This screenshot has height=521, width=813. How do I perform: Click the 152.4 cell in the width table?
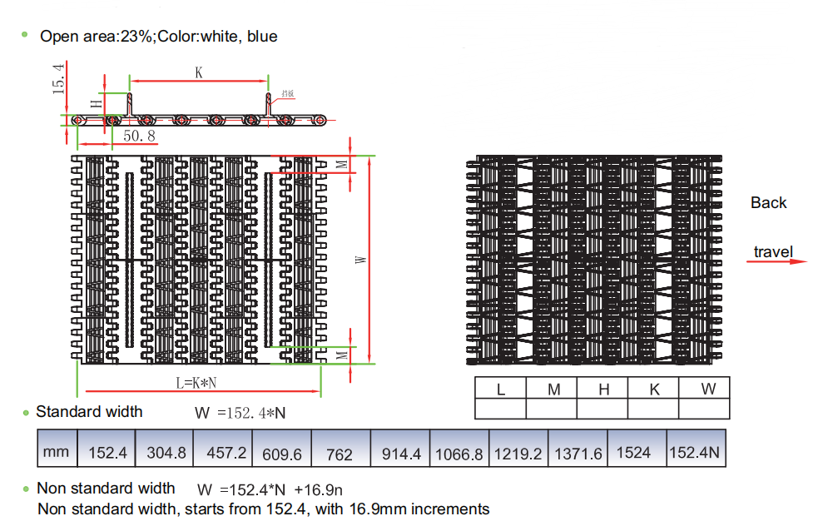tap(107, 454)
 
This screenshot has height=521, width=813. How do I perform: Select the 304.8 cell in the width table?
tap(166, 454)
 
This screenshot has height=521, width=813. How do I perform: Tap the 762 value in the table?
tap(340, 454)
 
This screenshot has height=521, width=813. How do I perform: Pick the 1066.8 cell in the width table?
tap(459, 454)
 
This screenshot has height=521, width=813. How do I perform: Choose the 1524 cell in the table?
tap(634, 453)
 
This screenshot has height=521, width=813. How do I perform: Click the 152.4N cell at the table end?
tap(695, 454)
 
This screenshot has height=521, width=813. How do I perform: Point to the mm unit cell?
tap(57, 453)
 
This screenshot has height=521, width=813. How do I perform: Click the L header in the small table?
tap(500, 389)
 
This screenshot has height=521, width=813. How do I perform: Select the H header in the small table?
tap(604, 389)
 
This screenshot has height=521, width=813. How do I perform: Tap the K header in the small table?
tap(654, 389)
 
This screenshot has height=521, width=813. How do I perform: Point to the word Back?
tap(768, 203)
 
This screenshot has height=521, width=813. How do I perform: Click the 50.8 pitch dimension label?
tap(140, 135)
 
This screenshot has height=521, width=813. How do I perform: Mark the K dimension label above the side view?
tap(199, 72)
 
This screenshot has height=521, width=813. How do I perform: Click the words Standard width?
tap(89, 412)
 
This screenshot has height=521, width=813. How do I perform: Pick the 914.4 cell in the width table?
tap(401, 454)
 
